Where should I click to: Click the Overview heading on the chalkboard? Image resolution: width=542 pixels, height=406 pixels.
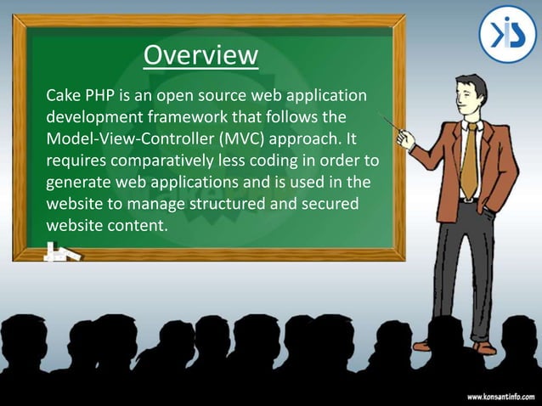pyautogui.click(x=200, y=55)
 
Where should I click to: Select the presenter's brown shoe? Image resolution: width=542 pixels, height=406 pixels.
pyautogui.click(x=485, y=347)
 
